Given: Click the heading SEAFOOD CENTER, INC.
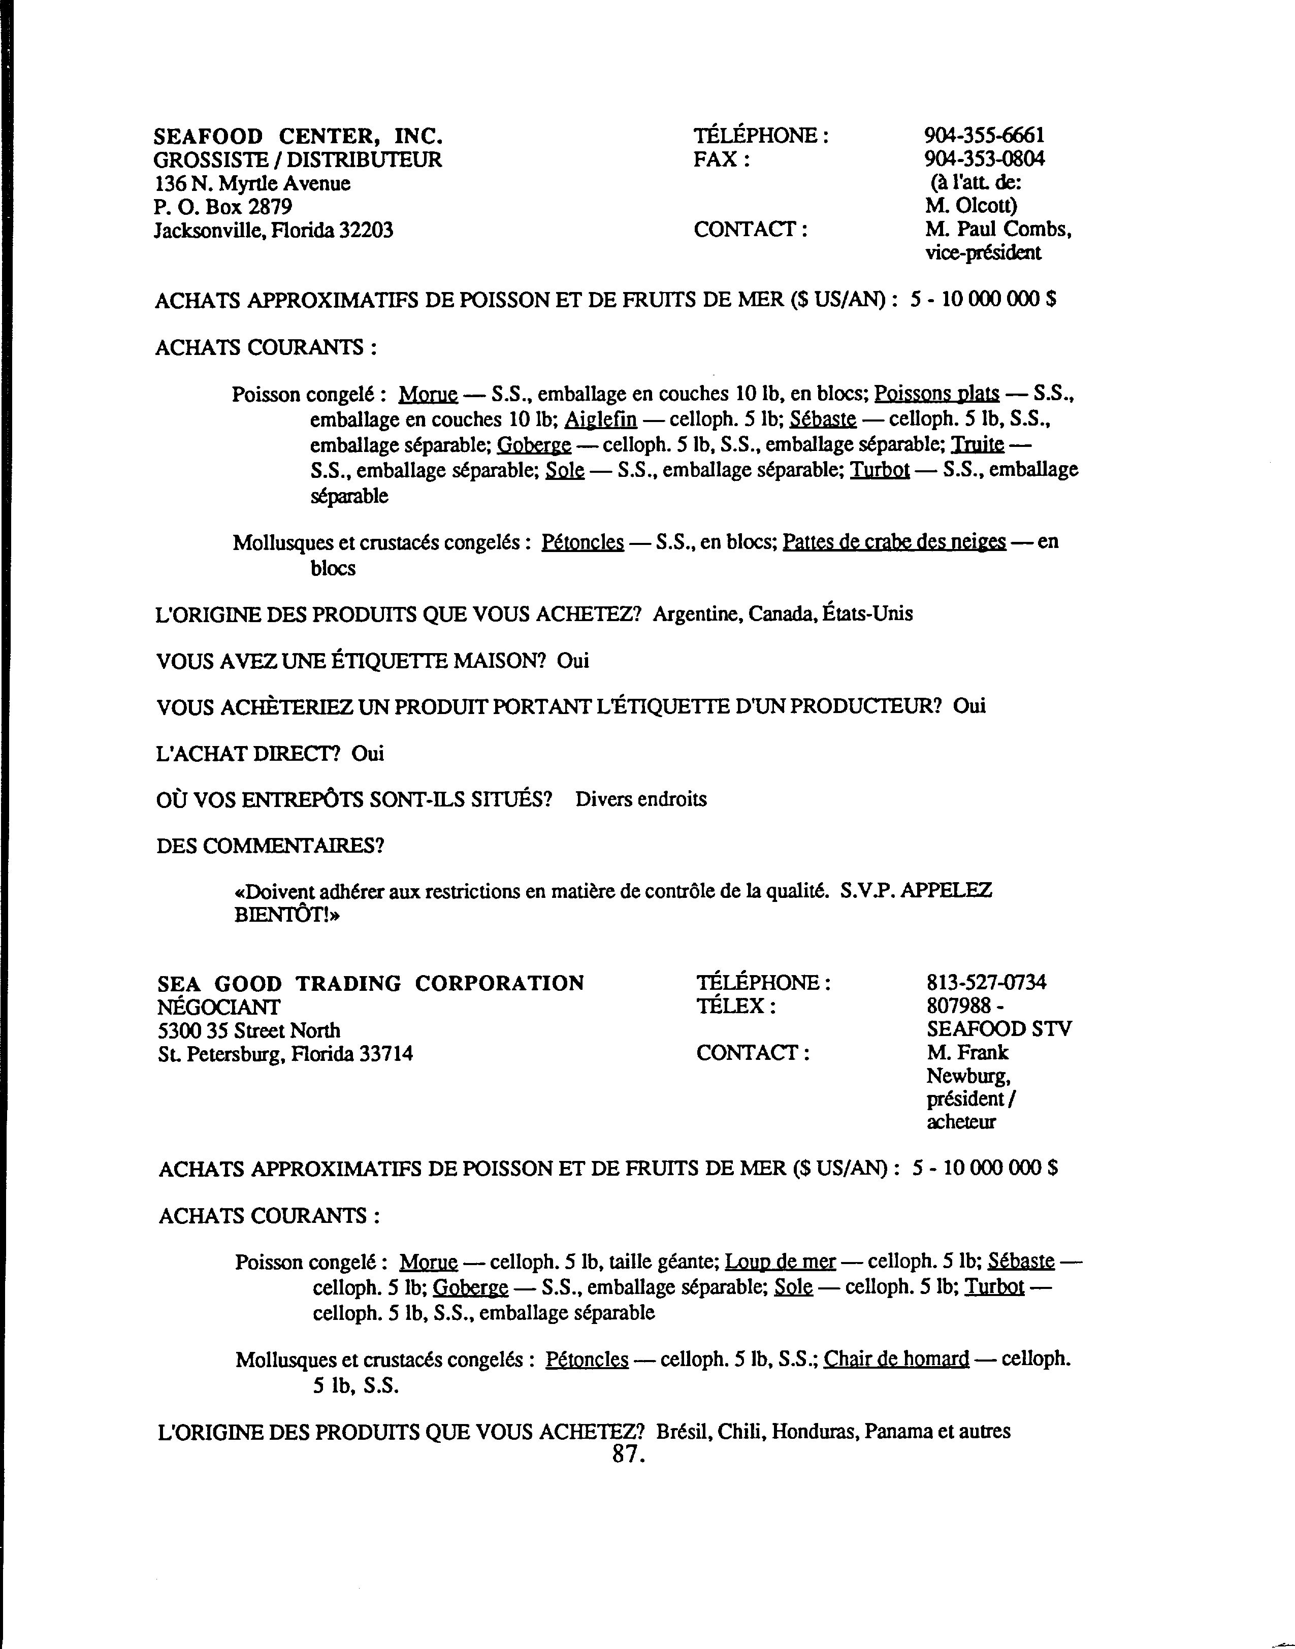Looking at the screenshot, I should point(298,137).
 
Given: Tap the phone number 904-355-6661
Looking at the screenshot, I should point(984,136).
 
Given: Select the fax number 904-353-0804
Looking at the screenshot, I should point(984,159).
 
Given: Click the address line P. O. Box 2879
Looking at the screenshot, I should point(223,206).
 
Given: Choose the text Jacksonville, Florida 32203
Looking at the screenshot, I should point(274,230).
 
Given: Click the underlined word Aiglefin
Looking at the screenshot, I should point(600,419).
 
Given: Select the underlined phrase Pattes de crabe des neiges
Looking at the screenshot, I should point(894,542).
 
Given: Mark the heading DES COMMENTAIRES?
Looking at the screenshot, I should point(270,846).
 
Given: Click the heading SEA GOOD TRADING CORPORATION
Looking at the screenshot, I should point(371,983).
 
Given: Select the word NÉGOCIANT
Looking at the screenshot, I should point(218,1007).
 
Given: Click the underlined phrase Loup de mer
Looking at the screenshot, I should point(780,1262).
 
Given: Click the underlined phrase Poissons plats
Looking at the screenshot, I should point(936,394).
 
